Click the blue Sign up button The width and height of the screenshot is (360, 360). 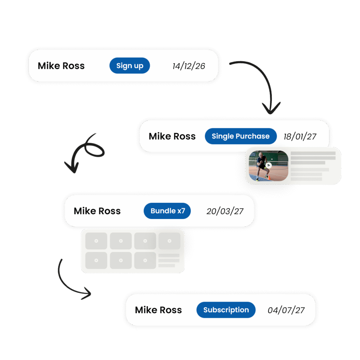[129, 66]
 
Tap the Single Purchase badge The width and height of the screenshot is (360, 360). [240, 136]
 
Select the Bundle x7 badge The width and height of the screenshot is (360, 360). [167, 211]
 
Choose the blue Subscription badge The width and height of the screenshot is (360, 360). [226, 310]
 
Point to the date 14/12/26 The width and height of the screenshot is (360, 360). [189, 66]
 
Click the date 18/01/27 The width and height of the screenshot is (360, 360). [300, 136]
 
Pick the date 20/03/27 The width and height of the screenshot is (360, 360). [225, 211]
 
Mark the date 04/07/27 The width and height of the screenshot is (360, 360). [286, 310]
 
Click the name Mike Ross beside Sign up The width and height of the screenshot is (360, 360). [61, 66]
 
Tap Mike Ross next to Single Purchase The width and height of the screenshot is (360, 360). [172, 136]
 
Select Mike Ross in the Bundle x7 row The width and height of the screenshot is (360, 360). [97, 211]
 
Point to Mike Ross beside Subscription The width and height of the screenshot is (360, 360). [158, 310]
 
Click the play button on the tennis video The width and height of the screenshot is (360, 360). [269, 165]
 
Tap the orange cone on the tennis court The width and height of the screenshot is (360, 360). [270, 178]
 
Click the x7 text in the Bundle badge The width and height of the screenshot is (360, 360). [181, 211]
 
